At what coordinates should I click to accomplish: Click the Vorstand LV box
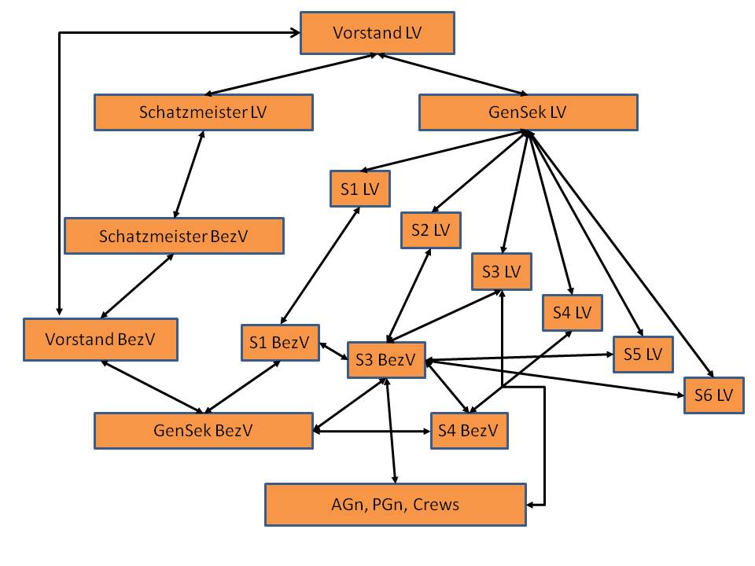point(377,33)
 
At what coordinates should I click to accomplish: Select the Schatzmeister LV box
point(203,112)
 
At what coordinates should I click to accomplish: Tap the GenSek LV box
point(528,112)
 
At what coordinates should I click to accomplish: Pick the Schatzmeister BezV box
point(174,236)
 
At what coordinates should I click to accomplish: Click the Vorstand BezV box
point(100,340)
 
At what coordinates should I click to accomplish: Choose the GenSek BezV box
point(203,430)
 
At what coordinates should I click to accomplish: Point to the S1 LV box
point(360,189)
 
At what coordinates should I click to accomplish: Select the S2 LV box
point(430,230)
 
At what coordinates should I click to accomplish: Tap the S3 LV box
point(502,272)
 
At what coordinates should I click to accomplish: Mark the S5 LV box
point(643,354)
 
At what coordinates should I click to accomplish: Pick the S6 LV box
point(713,395)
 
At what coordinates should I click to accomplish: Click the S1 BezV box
point(280,343)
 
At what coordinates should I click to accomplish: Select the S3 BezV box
point(385,360)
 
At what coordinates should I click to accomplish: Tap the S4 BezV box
point(469,431)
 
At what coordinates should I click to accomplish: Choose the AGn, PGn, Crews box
point(395,504)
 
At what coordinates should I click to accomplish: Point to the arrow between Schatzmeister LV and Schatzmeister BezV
point(189,175)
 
